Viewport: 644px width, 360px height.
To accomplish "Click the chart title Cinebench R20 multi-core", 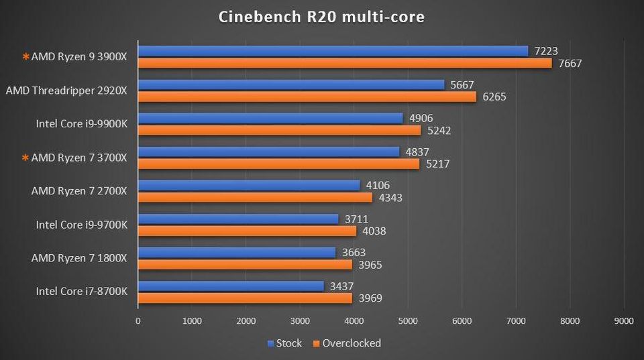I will pos(321,17).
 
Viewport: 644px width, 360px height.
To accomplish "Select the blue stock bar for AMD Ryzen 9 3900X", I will pos(333,51).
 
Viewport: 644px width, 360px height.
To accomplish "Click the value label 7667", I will pos(568,64).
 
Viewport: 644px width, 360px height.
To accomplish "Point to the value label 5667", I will pos(462,84).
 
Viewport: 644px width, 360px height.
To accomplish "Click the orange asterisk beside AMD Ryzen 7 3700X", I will pos(26,158).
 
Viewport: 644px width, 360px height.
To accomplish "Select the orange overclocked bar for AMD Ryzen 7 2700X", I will pos(255,198).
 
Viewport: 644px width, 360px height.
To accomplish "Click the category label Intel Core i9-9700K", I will pos(81,225).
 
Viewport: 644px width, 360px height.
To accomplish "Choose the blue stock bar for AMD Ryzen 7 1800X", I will pos(237,252).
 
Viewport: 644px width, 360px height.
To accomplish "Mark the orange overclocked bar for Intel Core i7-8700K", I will pos(245,298).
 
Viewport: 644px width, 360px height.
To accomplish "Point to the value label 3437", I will pos(341,286).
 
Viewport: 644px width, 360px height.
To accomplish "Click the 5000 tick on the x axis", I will pos(408,321).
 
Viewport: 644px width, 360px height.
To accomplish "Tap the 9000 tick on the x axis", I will pos(624,321).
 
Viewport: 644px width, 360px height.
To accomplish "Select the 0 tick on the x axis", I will pos(138,321).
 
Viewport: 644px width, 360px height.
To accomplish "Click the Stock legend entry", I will pos(284,343).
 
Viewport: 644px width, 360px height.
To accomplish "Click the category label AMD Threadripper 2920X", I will pos(66,91).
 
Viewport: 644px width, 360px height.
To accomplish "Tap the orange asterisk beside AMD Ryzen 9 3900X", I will pos(26,58).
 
